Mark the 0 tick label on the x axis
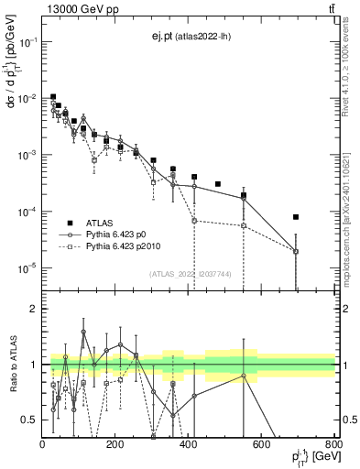click(x=43, y=443)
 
